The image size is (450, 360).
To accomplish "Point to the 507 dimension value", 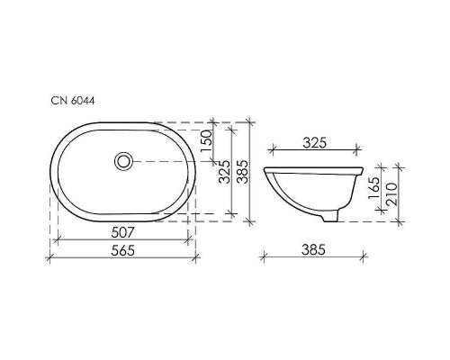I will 123,233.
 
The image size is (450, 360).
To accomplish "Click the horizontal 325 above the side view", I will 314,142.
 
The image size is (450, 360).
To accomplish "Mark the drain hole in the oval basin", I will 123,161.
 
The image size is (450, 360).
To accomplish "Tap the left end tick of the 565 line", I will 48,259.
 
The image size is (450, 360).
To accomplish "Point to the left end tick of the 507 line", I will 58,241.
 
